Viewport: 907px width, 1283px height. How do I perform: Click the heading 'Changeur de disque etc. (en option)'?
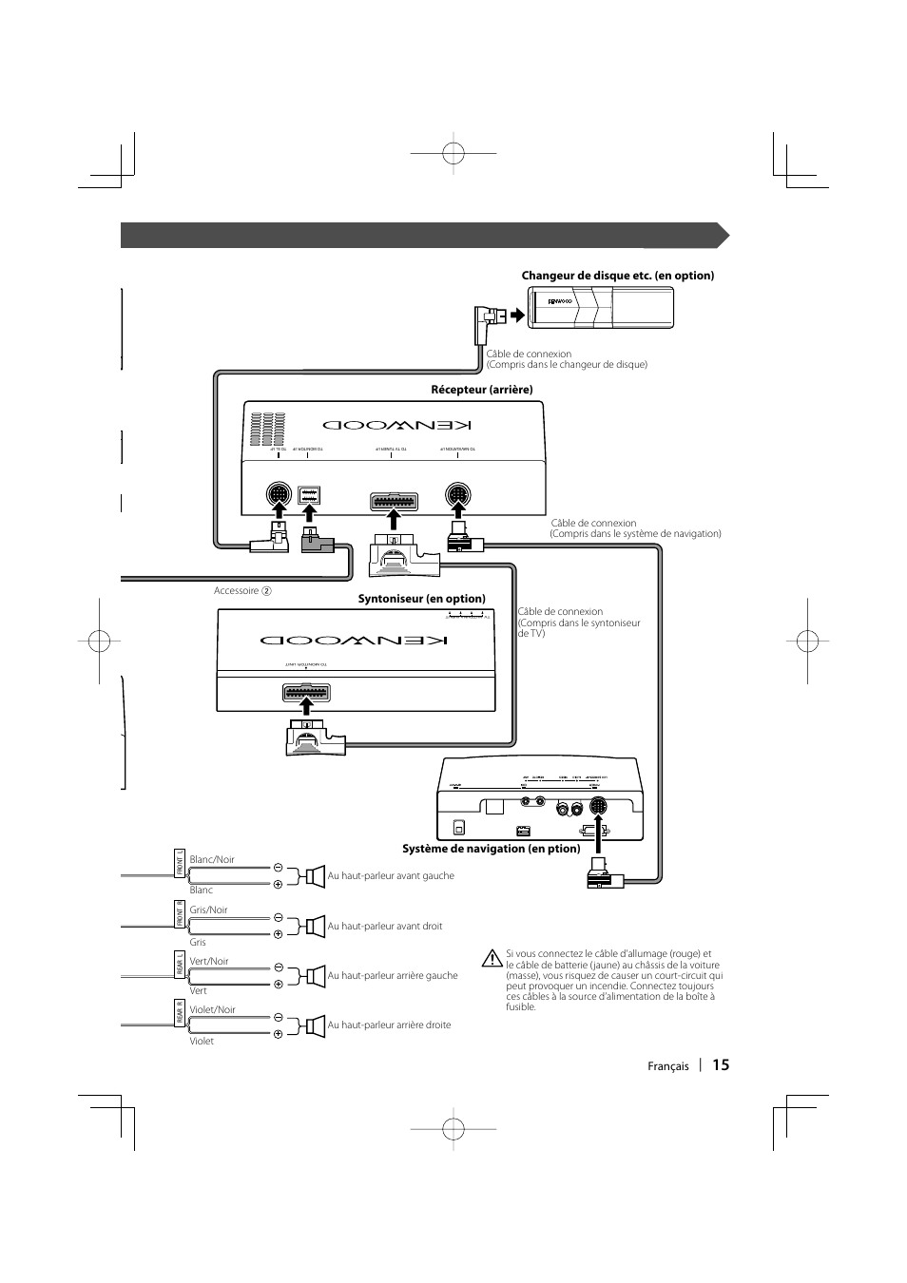coord(617,276)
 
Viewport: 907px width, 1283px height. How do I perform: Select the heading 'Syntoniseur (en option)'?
coord(421,599)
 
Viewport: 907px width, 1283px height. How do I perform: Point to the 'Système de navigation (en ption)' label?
coord(491,849)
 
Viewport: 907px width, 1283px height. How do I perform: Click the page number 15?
coord(720,1065)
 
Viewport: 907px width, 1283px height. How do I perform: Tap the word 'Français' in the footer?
coord(668,1066)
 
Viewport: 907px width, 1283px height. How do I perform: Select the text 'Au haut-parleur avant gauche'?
coord(391,876)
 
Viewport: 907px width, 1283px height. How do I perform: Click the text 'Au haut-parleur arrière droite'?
coord(389,1025)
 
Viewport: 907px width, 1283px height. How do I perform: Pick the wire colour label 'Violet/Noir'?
coord(212,1010)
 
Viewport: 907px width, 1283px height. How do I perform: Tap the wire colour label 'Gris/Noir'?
coord(208,910)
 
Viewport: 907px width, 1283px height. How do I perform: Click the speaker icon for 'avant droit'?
coord(313,926)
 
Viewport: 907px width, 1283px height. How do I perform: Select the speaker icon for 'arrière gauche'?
coord(313,975)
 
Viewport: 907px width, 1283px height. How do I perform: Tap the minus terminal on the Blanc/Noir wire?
coord(279,867)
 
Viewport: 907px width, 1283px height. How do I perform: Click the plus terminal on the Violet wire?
coord(279,1034)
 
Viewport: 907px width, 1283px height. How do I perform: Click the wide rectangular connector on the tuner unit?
coord(305,694)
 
